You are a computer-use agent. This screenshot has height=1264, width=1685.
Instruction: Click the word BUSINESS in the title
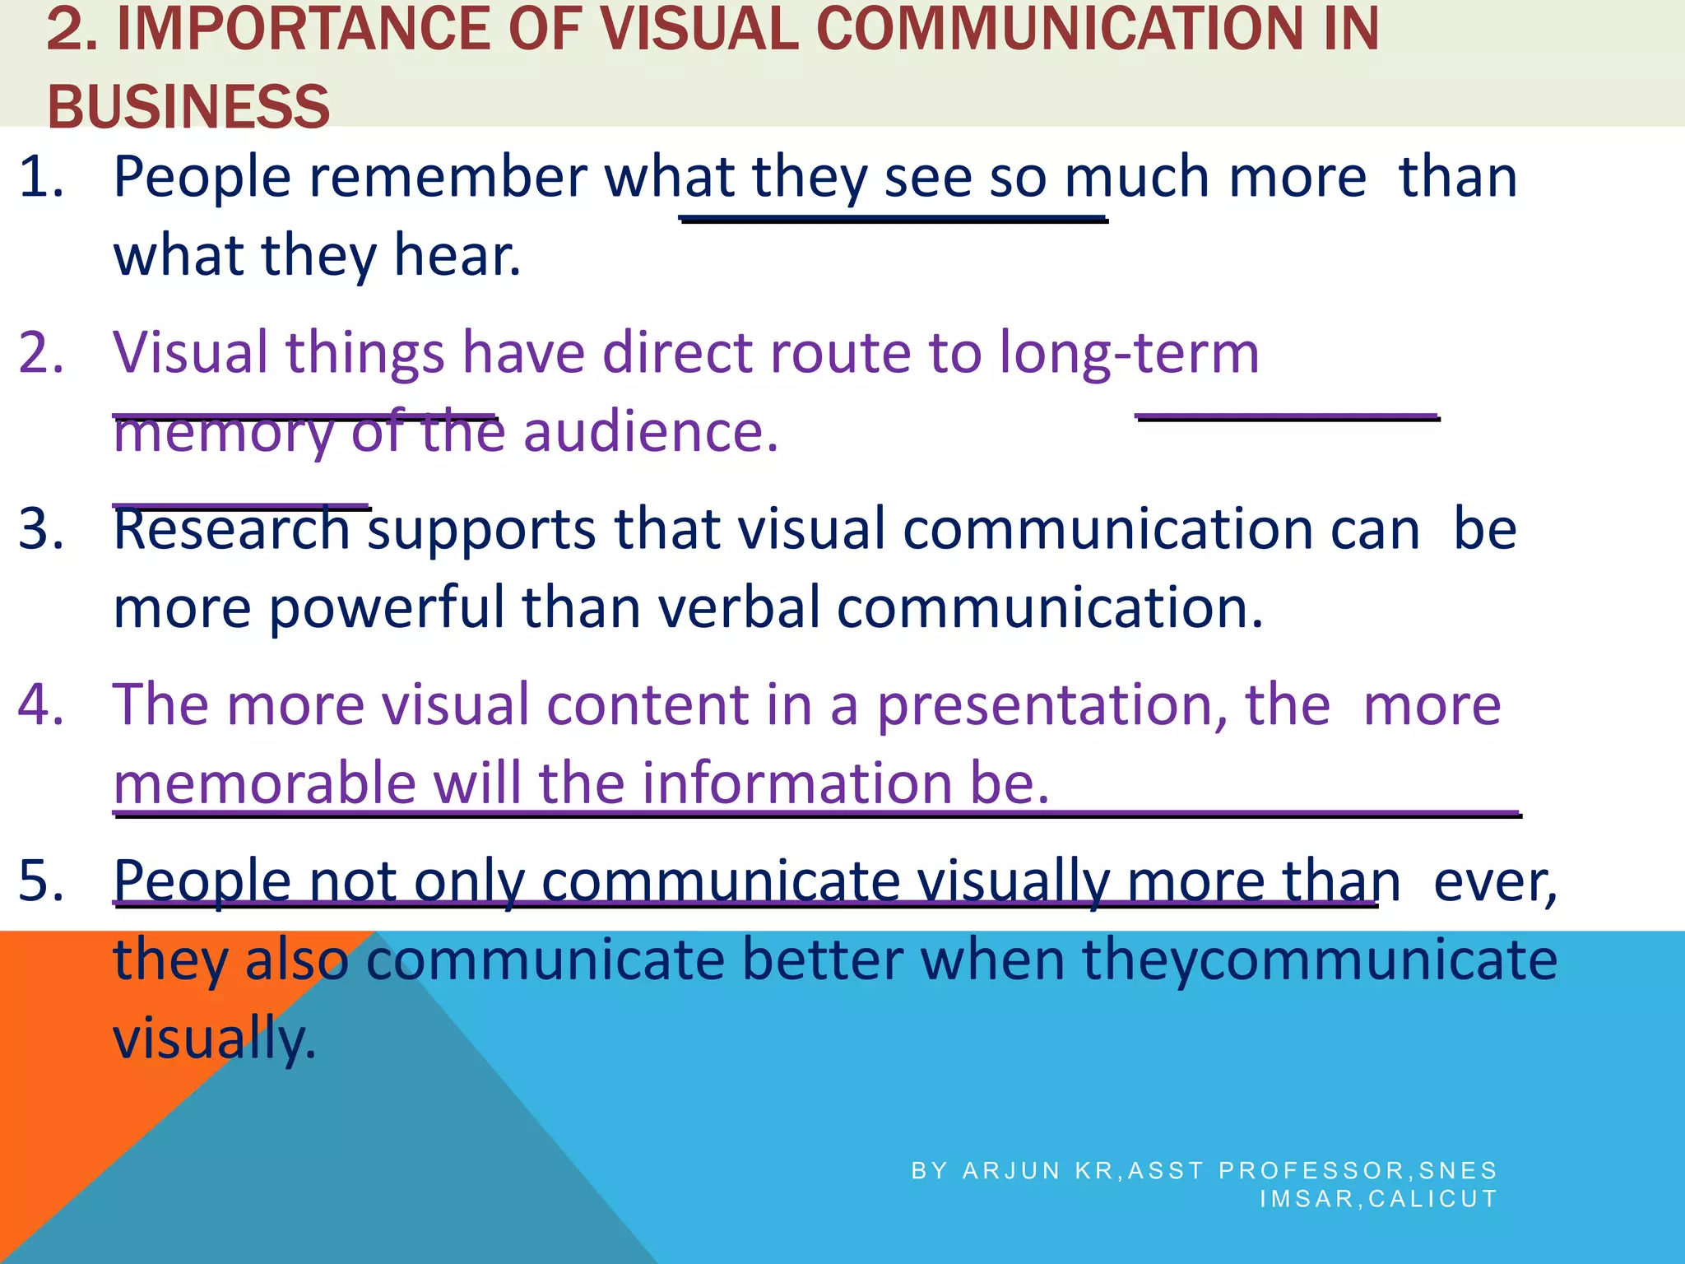188,107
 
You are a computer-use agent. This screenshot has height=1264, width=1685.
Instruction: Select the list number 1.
40,177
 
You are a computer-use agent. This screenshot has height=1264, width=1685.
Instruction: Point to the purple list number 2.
40,352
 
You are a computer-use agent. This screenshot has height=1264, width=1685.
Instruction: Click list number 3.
40,528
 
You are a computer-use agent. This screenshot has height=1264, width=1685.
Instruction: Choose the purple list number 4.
40,704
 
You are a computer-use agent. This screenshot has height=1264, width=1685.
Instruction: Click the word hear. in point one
457,255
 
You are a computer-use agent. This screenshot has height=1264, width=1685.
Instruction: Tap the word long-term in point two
1129,352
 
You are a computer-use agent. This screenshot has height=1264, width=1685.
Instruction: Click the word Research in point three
232,528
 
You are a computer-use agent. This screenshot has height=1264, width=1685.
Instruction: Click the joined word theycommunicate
1319,960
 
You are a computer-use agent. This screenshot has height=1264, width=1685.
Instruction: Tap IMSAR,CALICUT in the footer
1378,1198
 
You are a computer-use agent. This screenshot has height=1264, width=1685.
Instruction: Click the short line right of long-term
1288,418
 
